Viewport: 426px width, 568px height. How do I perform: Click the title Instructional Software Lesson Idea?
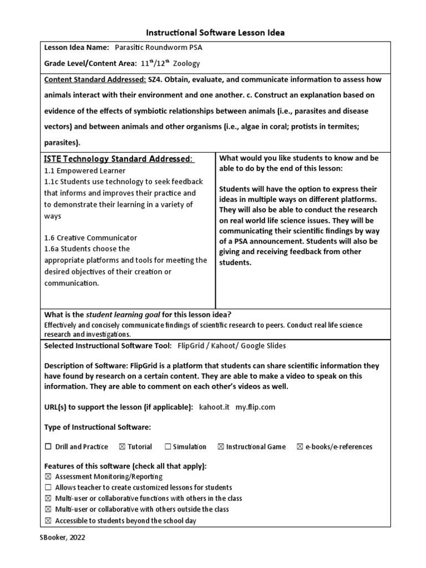click(x=215, y=33)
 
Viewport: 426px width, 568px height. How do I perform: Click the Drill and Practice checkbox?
click(x=48, y=447)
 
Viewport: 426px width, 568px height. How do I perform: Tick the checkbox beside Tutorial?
click(x=121, y=447)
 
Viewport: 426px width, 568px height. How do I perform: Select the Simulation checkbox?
click(x=168, y=447)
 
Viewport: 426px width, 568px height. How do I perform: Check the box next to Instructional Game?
click(x=220, y=447)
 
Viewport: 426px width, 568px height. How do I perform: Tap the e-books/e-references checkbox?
click(x=300, y=447)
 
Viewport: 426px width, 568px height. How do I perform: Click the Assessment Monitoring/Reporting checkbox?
click(x=48, y=476)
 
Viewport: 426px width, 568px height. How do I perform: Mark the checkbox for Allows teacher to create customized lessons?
click(x=48, y=488)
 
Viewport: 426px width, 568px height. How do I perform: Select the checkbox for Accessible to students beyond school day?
click(x=48, y=520)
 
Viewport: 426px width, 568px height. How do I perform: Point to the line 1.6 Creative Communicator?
click(x=90, y=237)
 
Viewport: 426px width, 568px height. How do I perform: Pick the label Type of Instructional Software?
click(x=97, y=427)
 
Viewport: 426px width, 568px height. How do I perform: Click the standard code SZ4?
click(x=155, y=80)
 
